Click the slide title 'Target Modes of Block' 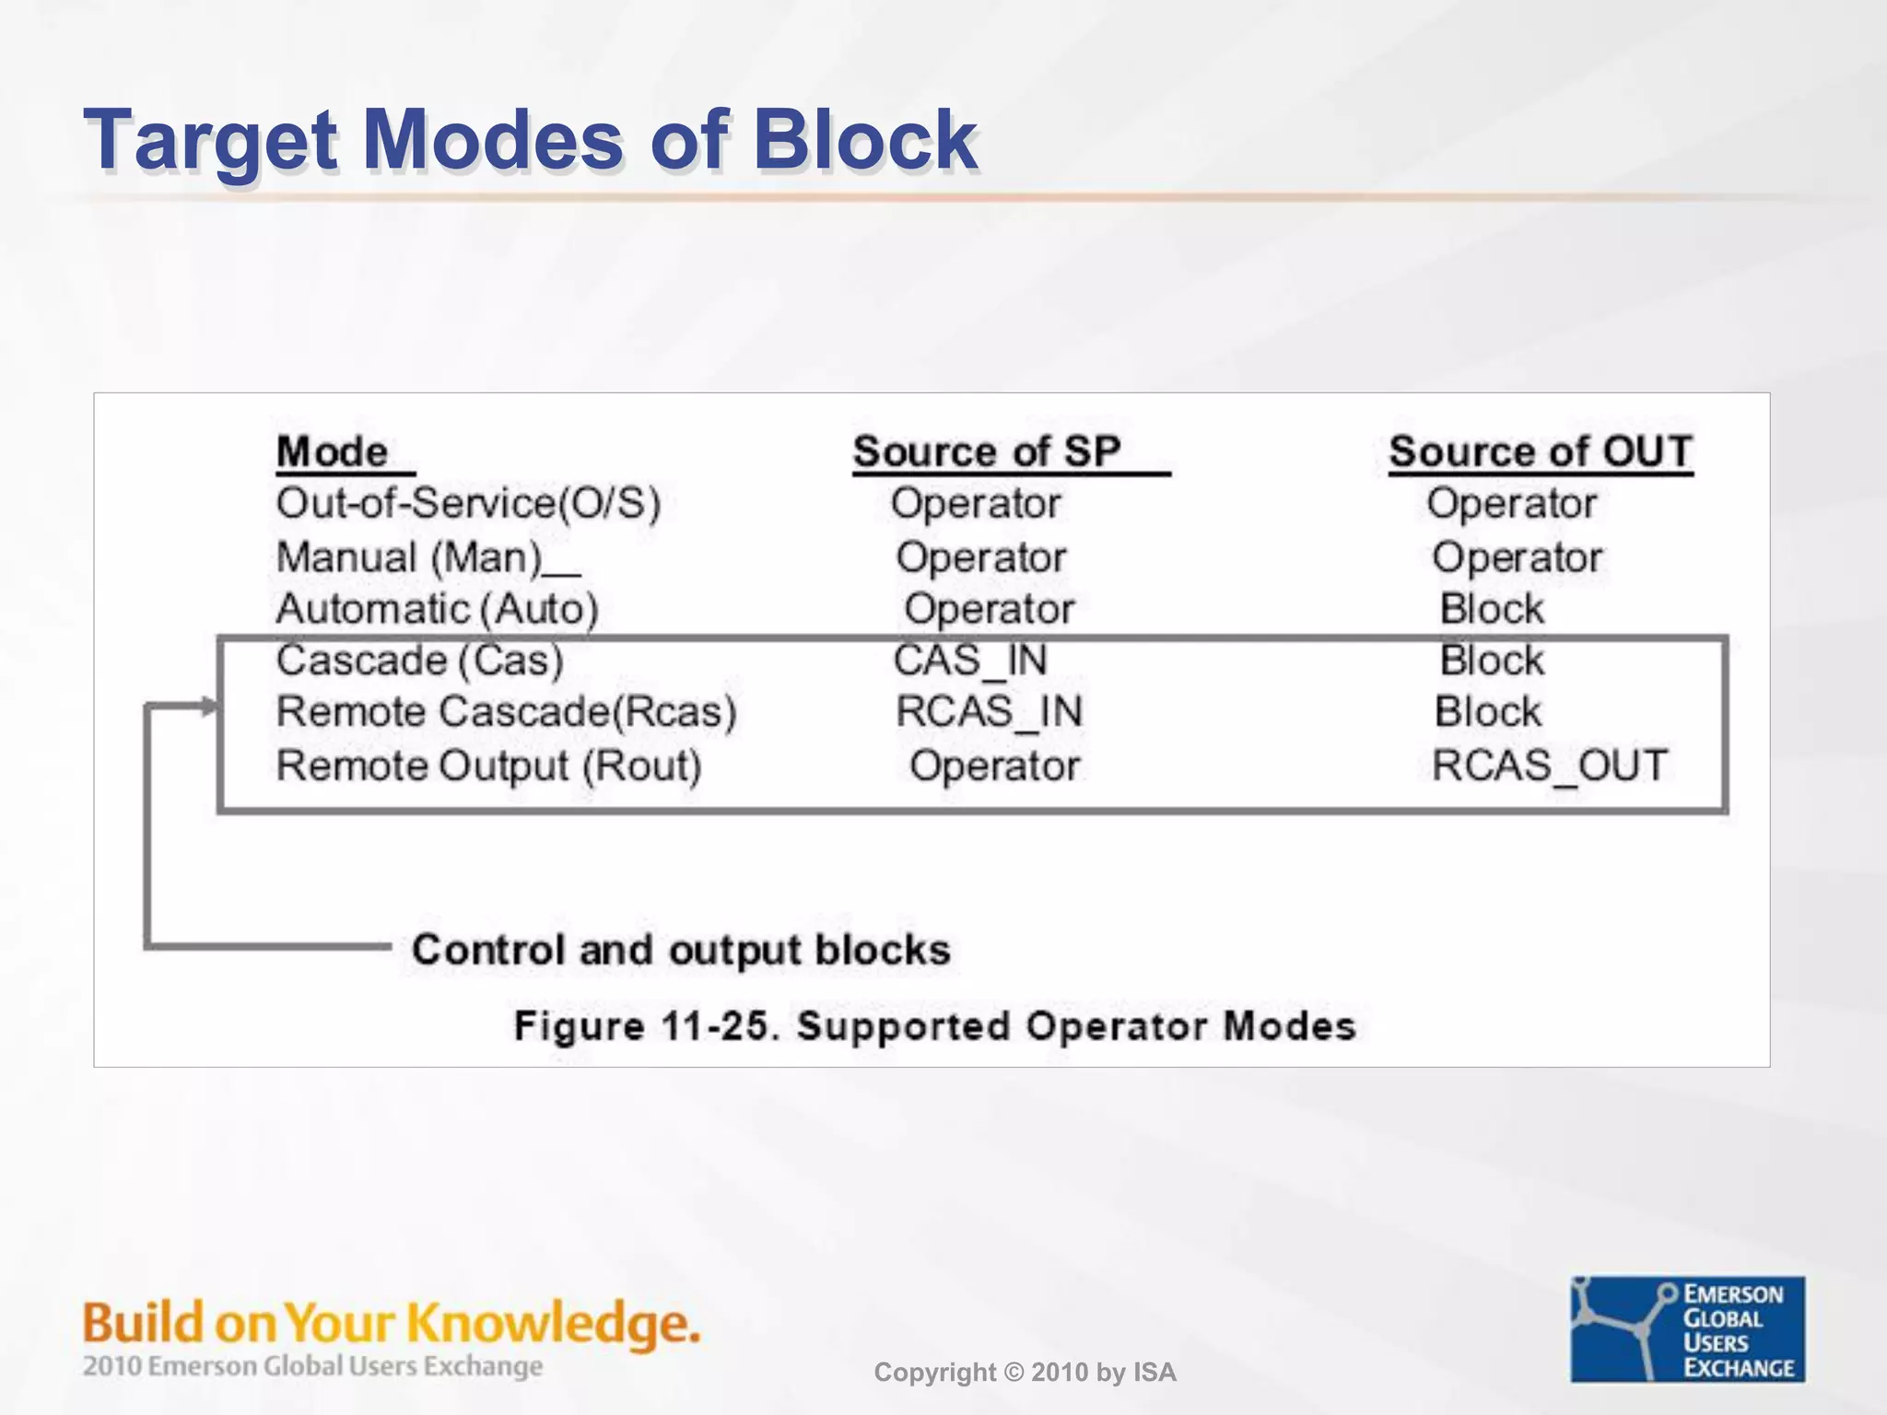tap(530, 140)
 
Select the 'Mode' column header tap(333, 452)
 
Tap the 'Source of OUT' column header tap(1541, 452)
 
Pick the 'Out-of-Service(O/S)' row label tap(468, 504)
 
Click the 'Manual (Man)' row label tap(410, 557)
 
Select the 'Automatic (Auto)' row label tap(437, 609)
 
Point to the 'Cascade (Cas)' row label tap(419, 661)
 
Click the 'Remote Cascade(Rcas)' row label tap(506, 712)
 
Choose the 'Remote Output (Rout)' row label tap(488, 766)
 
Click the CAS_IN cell tap(970, 661)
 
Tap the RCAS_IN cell tap(989, 712)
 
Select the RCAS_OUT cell tap(1549, 766)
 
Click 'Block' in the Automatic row tap(1491, 609)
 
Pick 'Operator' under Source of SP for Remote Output tap(994, 766)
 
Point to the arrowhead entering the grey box tap(209, 707)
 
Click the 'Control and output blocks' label tap(680, 950)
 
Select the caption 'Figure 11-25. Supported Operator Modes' tap(934, 1026)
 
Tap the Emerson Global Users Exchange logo tap(1687, 1329)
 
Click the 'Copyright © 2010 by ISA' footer tap(1025, 1373)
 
